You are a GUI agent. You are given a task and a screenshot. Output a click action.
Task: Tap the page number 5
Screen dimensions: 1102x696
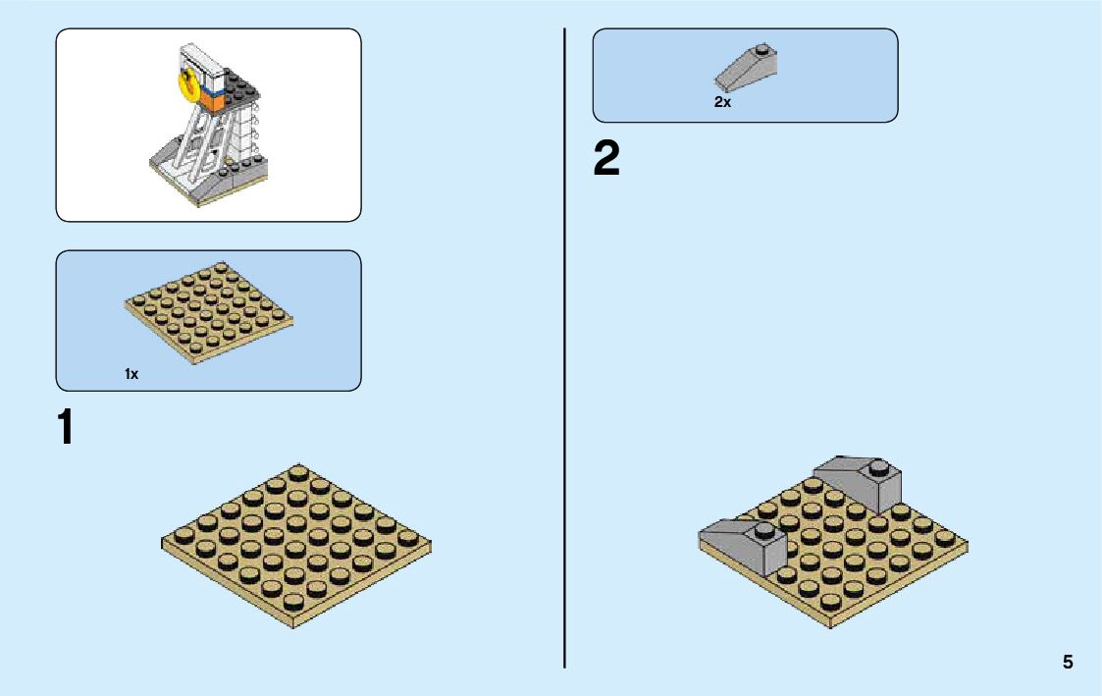(x=1068, y=663)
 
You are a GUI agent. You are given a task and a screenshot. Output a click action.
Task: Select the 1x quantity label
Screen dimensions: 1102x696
(x=131, y=374)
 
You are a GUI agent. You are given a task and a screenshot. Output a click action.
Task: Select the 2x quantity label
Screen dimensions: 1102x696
(x=722, y=102)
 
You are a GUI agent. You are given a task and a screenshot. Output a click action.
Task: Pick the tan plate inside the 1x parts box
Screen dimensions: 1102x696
(x=209, y=311)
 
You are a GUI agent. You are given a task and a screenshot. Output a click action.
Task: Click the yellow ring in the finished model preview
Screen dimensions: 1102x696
(x=184, y=84)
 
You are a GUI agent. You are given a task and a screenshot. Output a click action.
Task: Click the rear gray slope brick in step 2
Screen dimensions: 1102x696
(x=860, y=481)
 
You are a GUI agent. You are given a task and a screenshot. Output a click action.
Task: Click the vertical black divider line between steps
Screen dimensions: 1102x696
(x=565, y=344)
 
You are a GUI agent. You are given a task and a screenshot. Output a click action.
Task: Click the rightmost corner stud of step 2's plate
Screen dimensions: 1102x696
(x=946, y=537)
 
